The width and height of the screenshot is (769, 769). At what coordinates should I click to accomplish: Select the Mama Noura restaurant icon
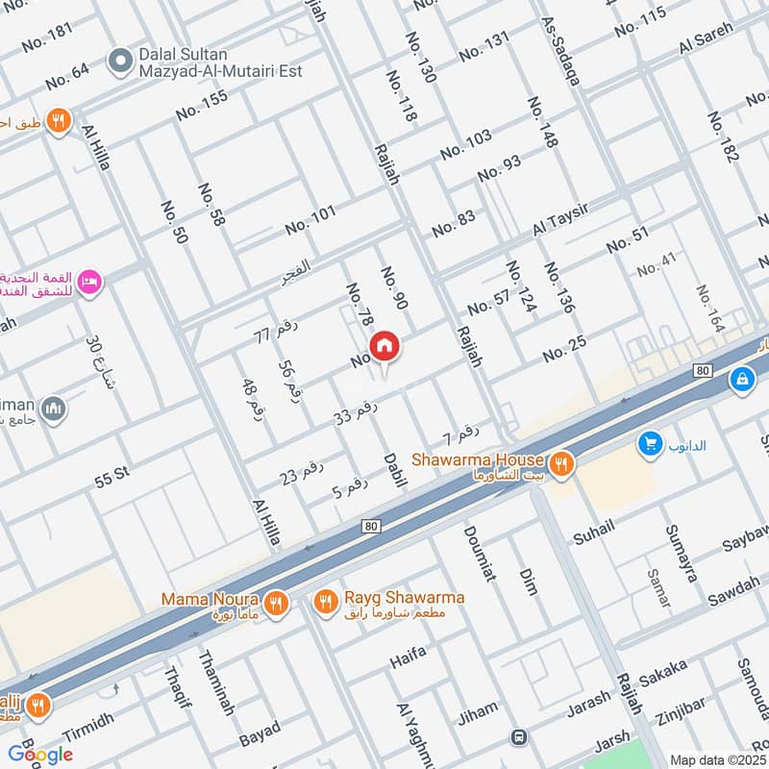click(277, 603)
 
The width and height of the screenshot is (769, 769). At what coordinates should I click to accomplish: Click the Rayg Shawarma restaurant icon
click(325, 603)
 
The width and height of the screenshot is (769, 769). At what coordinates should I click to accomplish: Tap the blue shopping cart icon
click(650, 444)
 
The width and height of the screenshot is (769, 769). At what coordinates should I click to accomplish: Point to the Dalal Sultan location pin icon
click(119, 62)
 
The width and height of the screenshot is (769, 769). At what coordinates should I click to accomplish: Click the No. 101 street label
click(310, 220)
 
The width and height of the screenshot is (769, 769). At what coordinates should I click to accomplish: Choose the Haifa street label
click(408, 661)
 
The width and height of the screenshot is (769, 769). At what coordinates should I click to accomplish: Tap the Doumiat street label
click(479, 554)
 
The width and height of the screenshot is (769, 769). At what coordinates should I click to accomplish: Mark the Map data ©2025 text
click(716, 760)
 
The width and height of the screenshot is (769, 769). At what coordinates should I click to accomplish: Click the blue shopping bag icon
click(741, 379)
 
